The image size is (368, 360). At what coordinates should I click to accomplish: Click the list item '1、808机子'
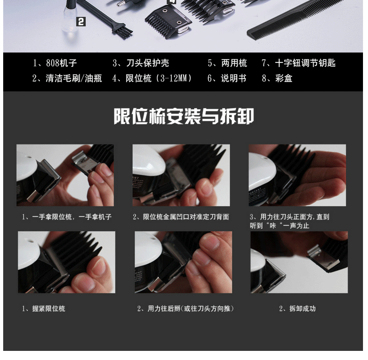pyautogui.click(x=55, y=63)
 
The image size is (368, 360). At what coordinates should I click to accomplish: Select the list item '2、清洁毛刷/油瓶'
pyautogui.click(x=67, y=78)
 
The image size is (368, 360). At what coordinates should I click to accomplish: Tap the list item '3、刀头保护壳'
pyautogui.click(x=141, y=63)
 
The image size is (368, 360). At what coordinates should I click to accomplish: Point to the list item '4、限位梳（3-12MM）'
pyautogui.click(x=152, y=78)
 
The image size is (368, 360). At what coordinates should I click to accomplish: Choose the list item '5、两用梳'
pyautogui.click(x=227, y=63)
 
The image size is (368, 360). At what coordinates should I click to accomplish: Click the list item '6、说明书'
pyautogui.click(x=227, y=78)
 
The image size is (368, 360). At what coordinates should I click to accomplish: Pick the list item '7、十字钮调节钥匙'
pyautogui.click(x=298, y=63)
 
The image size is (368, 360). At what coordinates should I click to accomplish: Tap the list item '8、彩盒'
pyautogui.click(x=277, y=78)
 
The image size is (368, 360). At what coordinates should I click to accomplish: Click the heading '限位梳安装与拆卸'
pyautogui.click(x=184, y=116)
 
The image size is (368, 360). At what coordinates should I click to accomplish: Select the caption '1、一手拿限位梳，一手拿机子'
pyautogui.click(x=66, y=216)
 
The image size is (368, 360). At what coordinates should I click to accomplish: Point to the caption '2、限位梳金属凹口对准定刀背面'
pyautogui.click(x=181, y=216)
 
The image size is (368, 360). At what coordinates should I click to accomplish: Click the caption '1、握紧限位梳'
pyautogui.click(x=43, y=309)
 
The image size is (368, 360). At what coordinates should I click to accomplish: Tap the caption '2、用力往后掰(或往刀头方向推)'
pyautogui.click(x=186, y=309)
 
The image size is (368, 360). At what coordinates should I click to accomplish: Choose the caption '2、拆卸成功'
pyautogui.click(x=297, y=309)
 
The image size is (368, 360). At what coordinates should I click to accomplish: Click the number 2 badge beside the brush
pyautogui.click(x=81, y=22)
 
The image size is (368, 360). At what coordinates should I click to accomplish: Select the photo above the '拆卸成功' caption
pyautogui.click(x=299, y=262)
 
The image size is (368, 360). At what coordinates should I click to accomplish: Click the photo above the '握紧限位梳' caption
pyautogui.click(x=66, y=262)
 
